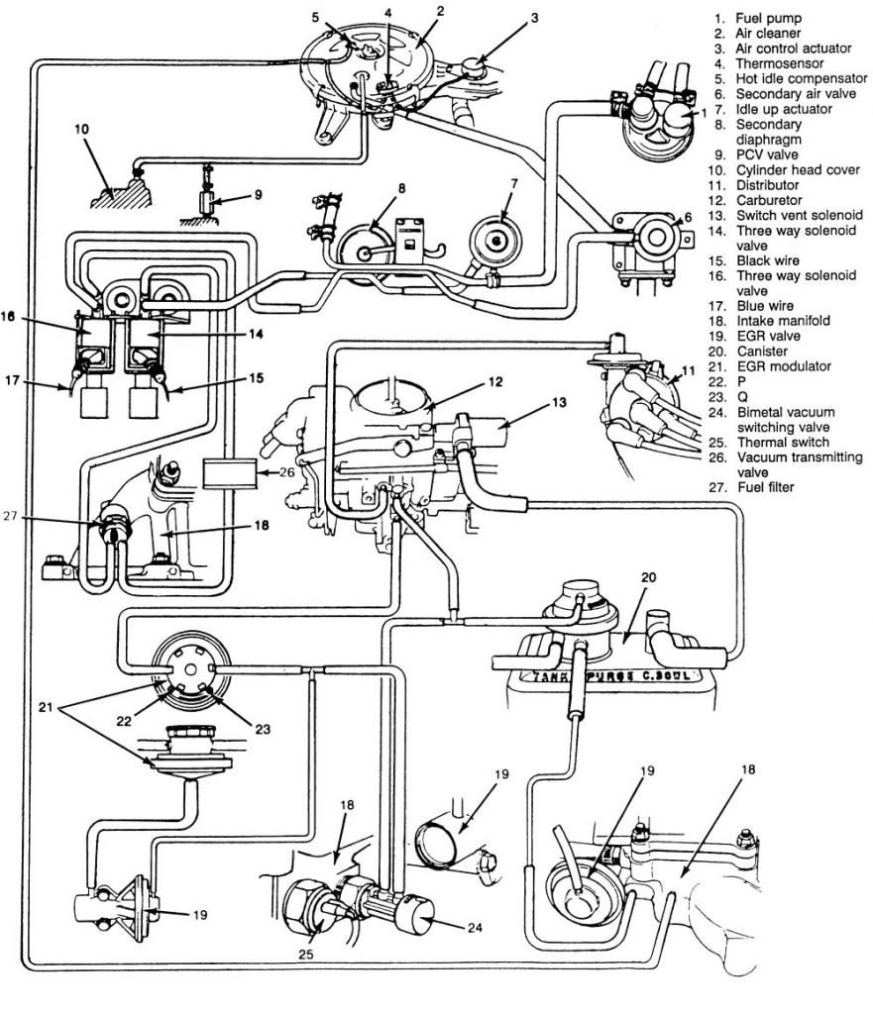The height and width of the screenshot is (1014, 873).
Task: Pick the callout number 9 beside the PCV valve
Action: (x=258, y=195)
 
